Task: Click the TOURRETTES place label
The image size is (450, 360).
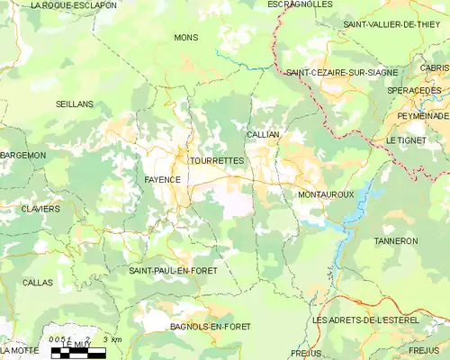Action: [x=217, y=160]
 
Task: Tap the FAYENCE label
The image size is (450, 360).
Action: [x=163, y=180]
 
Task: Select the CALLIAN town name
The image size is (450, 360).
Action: [x=263, y=134]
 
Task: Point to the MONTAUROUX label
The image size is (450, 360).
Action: [x=325, y=194]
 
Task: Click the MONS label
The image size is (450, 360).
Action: [x=186, y=38]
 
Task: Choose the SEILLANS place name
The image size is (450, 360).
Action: [x=74, y=104]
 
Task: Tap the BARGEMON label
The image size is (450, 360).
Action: [x=23, y=156]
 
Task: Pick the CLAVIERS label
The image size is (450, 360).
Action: [x=41, y=209]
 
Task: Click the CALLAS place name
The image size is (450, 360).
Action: [x=38, y=283]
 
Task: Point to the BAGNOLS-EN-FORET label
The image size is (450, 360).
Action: [x=211, y=326]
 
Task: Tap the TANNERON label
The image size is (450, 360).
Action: [x=396, y=241]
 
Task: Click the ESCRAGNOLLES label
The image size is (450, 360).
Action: [x=300, y=4]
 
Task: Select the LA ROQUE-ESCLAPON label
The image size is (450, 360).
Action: [x=74, y=4]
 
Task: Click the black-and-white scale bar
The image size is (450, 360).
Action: [x=78, y=353]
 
